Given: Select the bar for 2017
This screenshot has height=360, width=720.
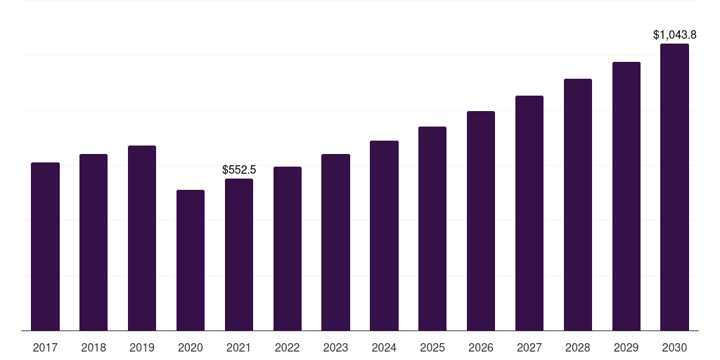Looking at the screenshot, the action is [45, 247].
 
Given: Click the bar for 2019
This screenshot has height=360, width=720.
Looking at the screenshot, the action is [142, 238].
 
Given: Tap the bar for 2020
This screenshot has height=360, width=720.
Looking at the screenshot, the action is [191, 260].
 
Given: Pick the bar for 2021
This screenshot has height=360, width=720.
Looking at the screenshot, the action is [239, 255].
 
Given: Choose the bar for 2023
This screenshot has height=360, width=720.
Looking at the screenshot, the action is [335, 243].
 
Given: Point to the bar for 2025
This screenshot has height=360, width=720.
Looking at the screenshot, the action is [432, 229].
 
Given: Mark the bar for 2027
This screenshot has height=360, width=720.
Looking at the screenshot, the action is [529, 213].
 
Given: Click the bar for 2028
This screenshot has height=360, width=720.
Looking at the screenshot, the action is [578, 205].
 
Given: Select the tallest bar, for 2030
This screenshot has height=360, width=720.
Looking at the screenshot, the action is [674, 187].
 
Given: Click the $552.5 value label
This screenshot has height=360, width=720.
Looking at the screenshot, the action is [239, 170].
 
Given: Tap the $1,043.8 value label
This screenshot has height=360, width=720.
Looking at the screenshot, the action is [674, 35].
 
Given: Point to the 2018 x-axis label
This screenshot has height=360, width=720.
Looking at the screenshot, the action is [94, 348].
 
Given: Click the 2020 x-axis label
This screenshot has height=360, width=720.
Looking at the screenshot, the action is [191, 348].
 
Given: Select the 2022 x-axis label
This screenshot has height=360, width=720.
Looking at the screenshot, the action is [288, 348].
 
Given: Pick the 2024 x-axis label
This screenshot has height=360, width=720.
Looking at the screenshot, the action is [384, 348].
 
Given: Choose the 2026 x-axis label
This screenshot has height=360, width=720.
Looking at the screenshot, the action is [481, 348].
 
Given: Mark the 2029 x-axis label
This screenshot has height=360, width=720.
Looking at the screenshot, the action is [626, 348].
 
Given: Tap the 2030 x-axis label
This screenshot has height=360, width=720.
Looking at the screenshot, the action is [674, 348].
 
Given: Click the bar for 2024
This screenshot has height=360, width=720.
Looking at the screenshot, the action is [384, 236].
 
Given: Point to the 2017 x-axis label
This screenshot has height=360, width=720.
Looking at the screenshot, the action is [45, 348].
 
